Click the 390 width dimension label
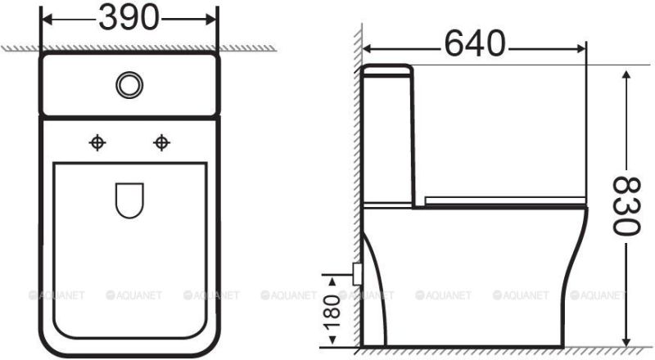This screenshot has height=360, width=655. (x=130, y=17)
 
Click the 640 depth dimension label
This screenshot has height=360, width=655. (x=476, y=42)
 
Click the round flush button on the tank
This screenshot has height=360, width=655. (x=130, y=84)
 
